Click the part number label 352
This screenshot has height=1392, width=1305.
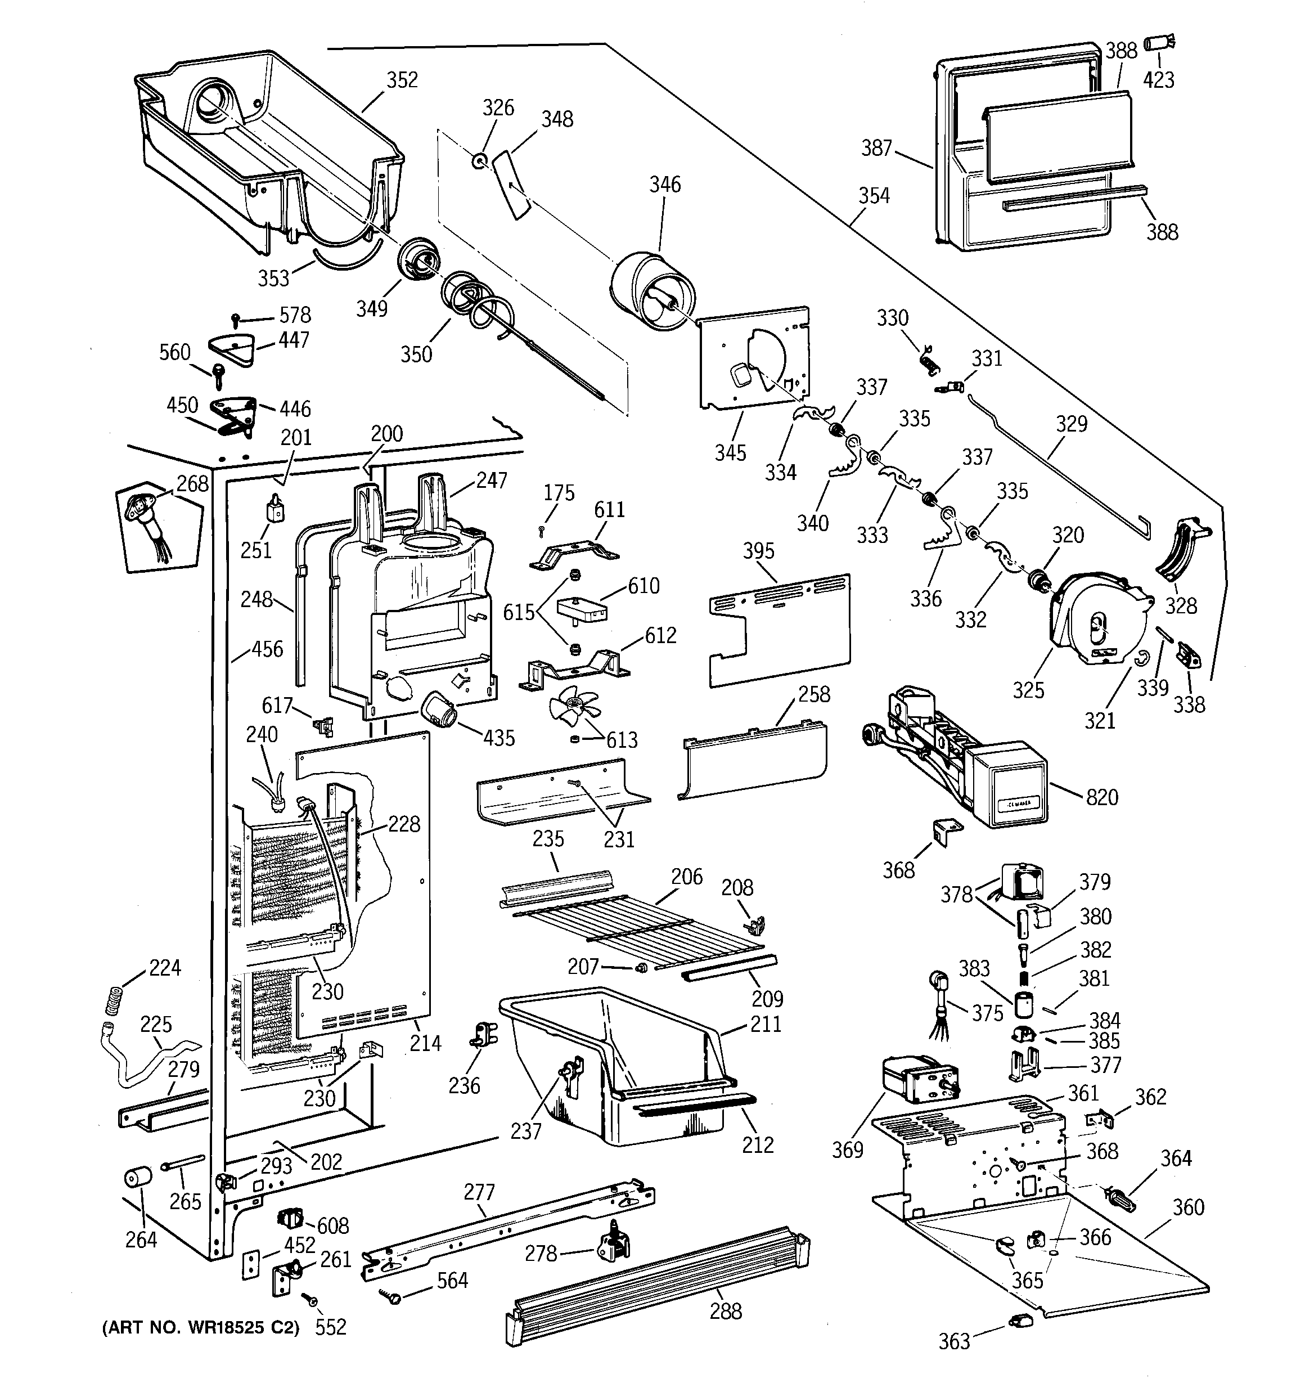coord(403,80)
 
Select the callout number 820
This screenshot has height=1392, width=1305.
coord(1102,797)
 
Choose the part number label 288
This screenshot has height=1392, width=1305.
coord(726,1311)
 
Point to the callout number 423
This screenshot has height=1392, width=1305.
coord(1159,80)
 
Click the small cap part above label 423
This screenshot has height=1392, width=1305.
coord(1159,43)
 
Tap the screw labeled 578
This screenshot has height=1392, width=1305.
coord(237,318)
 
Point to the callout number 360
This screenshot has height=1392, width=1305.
coord(1188,1206)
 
